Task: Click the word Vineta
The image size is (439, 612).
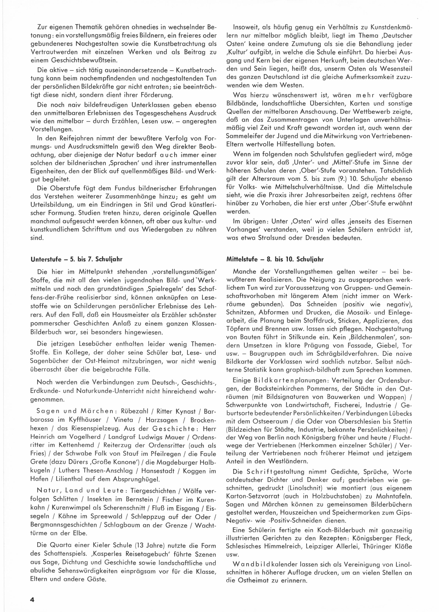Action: point(124,420)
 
